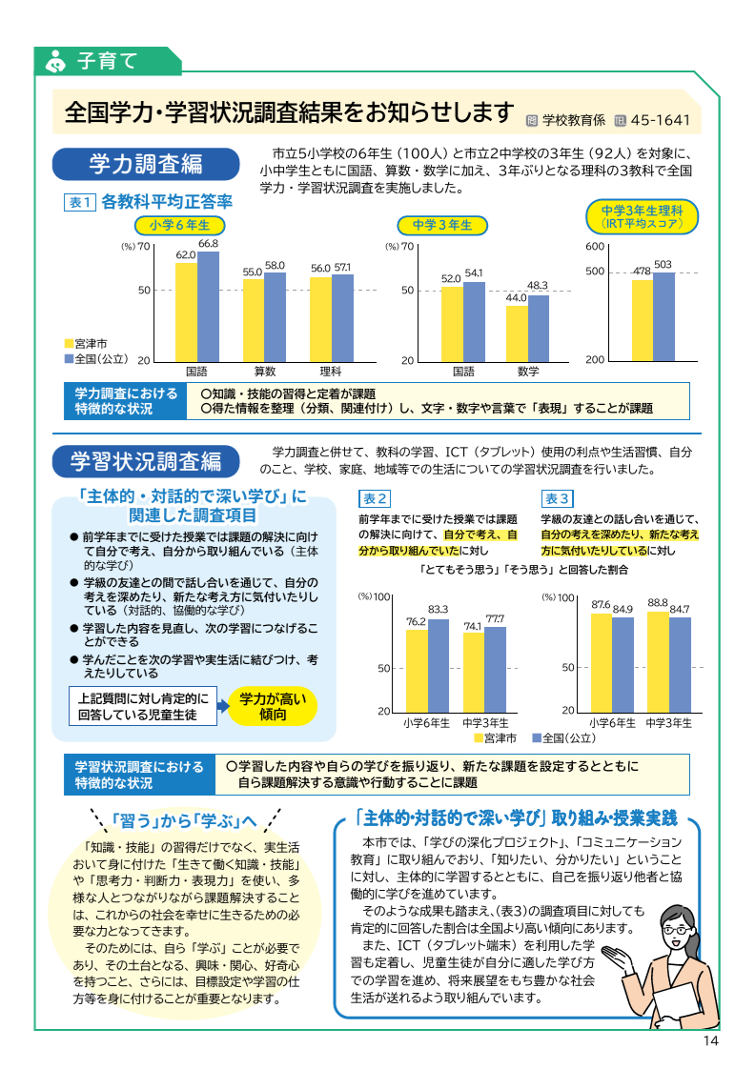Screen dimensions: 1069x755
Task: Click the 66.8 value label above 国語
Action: click(x=209, y=245)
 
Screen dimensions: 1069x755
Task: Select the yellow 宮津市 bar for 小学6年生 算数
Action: click(x=253, y=319)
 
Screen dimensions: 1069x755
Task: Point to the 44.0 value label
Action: click(x=516, y=298)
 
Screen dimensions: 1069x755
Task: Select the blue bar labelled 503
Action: click(x=663, y=315)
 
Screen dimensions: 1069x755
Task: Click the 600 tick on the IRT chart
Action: click(x=595, y=247)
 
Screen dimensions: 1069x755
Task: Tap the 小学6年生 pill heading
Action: click(x=179, y=225)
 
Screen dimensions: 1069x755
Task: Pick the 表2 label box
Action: click(x=375, y=498)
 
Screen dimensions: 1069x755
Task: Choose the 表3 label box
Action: click(x=558, y=498)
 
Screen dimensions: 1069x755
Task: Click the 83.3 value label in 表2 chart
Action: click(x=438, y=610)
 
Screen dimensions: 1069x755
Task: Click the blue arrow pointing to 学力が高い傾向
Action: click(x=220, y=705)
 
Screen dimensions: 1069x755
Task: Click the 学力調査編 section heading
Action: click(x=145, y=163)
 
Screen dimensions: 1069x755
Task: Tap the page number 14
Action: click(x=709, y=1040)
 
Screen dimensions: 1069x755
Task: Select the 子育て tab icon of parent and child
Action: click(x=56, y=61)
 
